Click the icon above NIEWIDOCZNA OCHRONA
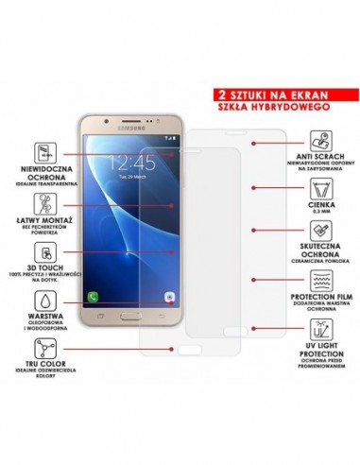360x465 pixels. (x=43, y=151)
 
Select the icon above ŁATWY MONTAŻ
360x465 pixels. (x=43, y=202)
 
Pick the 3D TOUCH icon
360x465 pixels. (x=43, y=252)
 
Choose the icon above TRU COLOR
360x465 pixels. (x=43, y=354)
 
